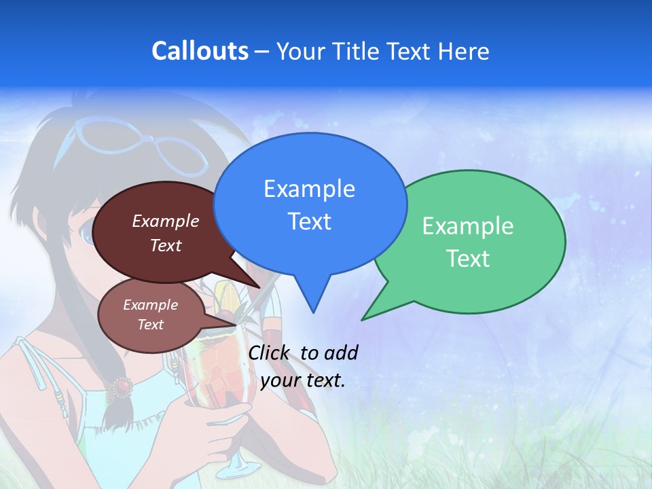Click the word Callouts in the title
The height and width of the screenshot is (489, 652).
click(200, 51)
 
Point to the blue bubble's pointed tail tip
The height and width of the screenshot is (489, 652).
click(313, 312)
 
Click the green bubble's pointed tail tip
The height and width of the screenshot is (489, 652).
click(363, 319)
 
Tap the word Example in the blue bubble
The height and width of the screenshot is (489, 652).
click(309, 188)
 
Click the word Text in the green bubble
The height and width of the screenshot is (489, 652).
click(468, 259)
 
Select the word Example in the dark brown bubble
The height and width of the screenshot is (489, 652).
click(166, 221)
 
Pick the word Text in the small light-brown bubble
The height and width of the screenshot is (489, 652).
click(151, 325)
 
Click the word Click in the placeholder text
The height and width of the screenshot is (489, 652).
click(271, 352)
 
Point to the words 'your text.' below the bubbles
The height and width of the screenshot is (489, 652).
click(303, 380)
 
